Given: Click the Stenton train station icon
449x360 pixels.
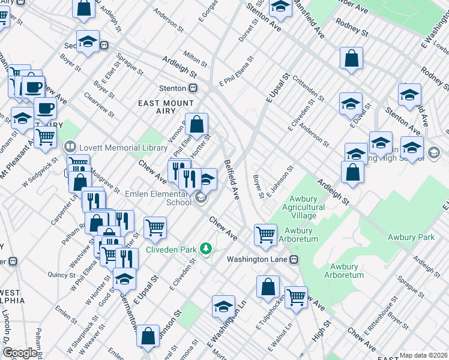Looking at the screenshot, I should click(193, 88).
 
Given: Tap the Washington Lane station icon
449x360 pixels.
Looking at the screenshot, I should click(294, 259).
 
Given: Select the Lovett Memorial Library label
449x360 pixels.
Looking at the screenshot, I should click(115, 147).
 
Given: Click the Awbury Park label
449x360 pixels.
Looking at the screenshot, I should click(409, 237).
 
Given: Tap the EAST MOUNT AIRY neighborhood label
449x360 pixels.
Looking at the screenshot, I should click(166, 107).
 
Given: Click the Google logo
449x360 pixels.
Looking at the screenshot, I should click(20, 353).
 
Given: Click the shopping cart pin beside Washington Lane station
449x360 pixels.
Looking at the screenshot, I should click(265, 233).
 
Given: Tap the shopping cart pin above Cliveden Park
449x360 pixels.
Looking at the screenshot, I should click(155, 227).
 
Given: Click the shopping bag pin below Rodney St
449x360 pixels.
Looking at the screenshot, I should click(352, 58).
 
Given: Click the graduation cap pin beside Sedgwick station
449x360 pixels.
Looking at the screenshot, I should click(88, 41).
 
